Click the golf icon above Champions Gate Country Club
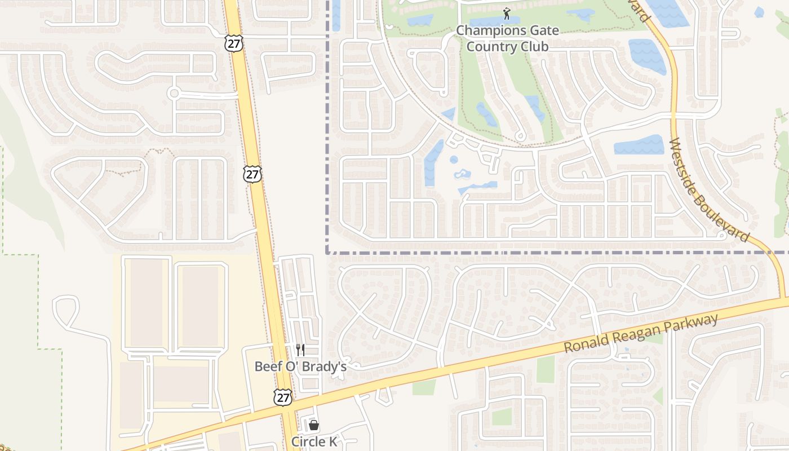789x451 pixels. pos(507,13)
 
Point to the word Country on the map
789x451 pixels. pos(489,46)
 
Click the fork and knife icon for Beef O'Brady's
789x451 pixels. pos(300,350)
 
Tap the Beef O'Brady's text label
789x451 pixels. pos(300,366)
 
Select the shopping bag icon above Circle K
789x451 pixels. pos(314,425)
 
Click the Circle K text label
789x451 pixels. pos(314,441)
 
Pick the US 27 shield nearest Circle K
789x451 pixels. pos(283,397)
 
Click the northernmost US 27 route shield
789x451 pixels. pos(233,43)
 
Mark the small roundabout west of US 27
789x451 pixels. pos(174,93)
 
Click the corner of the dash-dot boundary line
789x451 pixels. pos(327,252)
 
